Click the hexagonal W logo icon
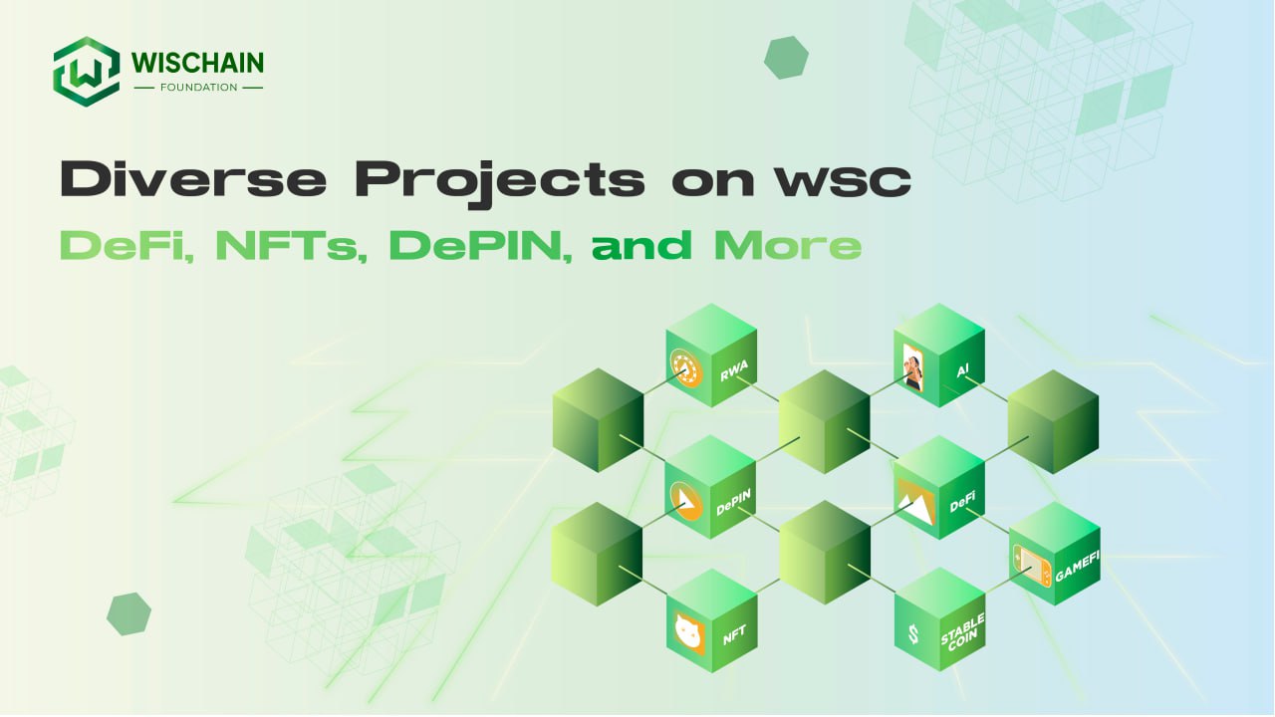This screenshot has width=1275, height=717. pos(87,72)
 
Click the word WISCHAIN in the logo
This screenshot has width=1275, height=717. pos(197,63)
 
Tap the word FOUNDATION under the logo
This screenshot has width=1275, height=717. pos(198,87)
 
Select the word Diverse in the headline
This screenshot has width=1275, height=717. pos(193,178)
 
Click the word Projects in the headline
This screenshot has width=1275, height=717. pos(500,183)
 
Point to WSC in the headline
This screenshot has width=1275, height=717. pos(844,181)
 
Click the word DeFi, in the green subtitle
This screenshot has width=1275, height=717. pos(127,246)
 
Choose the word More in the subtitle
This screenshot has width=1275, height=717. pos(788,246)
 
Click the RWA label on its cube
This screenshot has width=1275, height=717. pos(734,371)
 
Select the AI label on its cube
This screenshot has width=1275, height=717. pos(962,371)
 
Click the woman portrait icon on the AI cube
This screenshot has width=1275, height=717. pos(913,367)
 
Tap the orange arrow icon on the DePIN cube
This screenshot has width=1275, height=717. pos(686,501)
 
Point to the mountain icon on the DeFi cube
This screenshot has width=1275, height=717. pos(915,502)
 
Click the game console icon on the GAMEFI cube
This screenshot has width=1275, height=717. pos(1032,565)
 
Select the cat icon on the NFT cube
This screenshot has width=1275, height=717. pos(688,632)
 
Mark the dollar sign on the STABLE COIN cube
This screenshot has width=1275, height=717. pos(913,634)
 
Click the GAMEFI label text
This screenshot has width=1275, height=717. pos(1077,567)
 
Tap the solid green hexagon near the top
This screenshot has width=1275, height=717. pos(786,58)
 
